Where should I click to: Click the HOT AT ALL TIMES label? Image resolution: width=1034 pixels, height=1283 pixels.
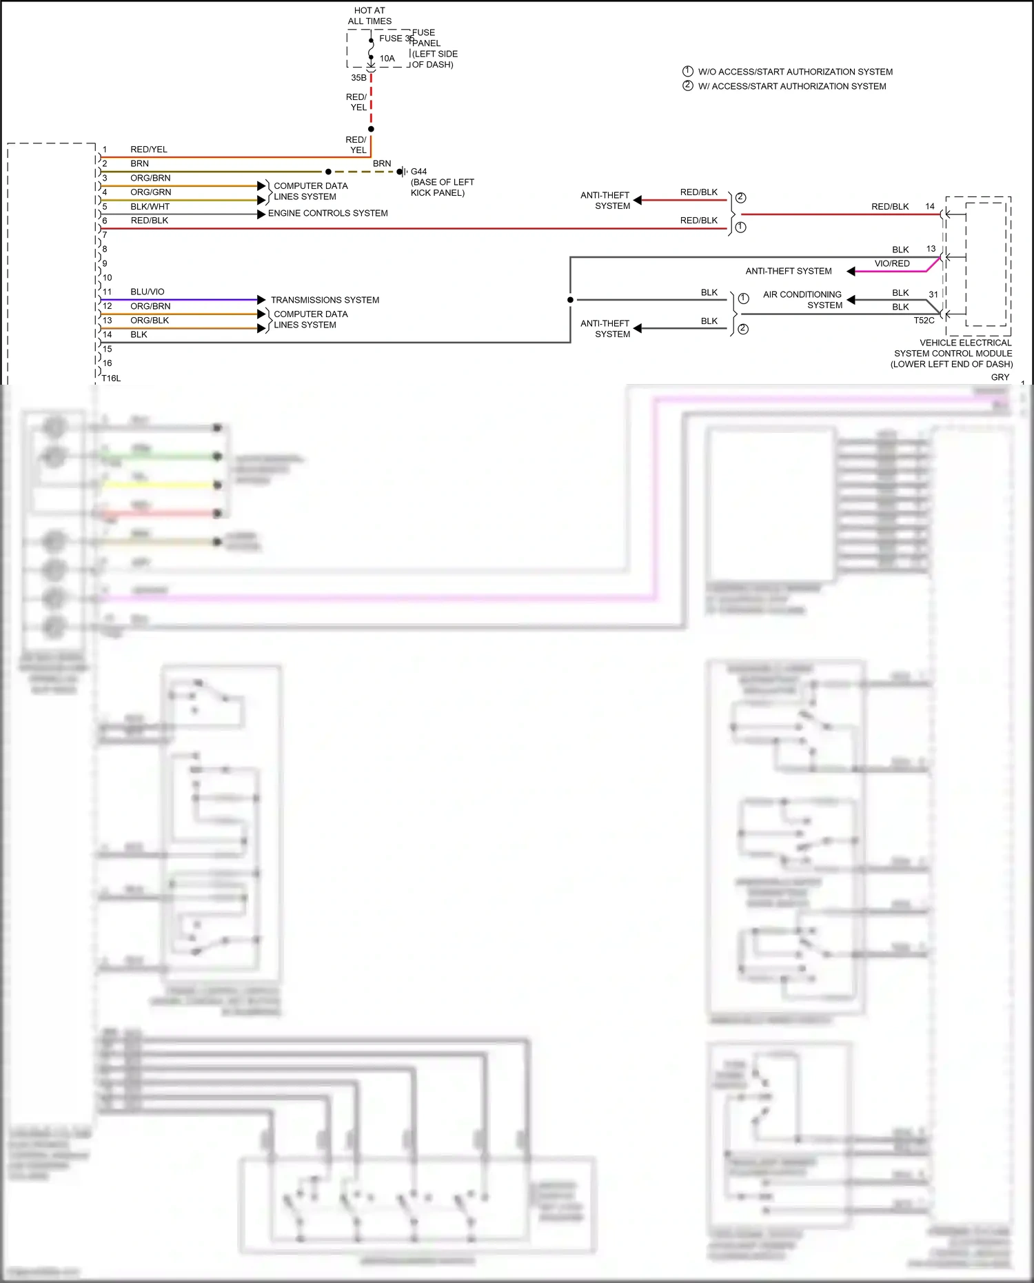tap(369, 16)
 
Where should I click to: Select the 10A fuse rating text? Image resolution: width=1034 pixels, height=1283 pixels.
tap(387, 59)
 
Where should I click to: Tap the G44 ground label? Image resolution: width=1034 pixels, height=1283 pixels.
tap(418, 172)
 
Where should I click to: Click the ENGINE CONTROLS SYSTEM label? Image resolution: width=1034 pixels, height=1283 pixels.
tap(327, 214)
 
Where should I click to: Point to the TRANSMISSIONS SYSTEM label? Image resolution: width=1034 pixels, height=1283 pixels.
tap(325, 300)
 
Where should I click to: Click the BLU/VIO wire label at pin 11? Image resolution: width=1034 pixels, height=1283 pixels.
tap(148, 292)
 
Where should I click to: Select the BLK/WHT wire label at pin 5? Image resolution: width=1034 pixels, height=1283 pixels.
tap(150, 207)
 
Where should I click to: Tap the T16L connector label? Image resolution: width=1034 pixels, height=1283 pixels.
tap(111, 378)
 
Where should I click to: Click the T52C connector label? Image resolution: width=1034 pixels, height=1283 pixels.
tap(924, 321)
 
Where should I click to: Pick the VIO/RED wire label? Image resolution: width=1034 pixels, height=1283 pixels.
tap(892, 264)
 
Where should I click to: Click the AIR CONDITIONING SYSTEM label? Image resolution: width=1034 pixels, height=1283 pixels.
tap(803, 300)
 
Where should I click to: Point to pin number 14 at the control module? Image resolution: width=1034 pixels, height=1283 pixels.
tap(930, 207)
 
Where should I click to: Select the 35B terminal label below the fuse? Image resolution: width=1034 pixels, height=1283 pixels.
tap(358, 78)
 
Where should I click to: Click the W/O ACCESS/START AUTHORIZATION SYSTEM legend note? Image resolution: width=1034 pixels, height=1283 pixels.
tap(795, 72)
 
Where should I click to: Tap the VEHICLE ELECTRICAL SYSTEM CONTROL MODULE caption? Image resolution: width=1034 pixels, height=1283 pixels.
tap(953, 353)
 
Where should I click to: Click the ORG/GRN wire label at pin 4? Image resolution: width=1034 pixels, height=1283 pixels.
tap(150, 192)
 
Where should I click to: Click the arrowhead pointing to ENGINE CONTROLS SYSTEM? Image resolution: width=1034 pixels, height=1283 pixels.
tap(261, 214)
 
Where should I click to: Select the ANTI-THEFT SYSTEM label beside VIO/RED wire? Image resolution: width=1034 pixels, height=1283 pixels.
tap(788, 272)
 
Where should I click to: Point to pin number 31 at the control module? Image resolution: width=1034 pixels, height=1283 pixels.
tap(933, 294)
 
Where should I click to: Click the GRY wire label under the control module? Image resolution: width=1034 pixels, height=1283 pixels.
tap(1000, 378)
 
